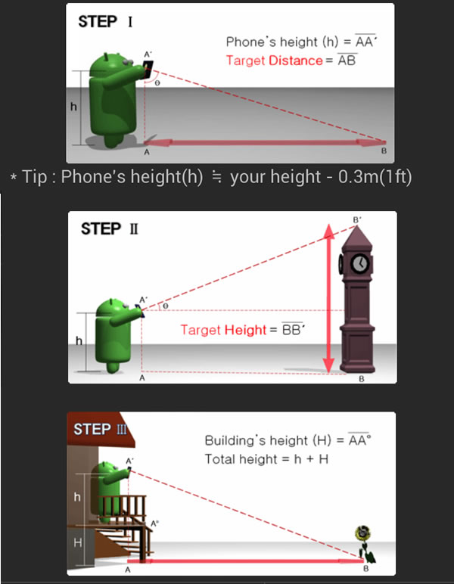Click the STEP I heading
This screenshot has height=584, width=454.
pyautogui.click(x=105, y=22)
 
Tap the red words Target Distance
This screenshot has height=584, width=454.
pyautogui.click(x=274, y=61)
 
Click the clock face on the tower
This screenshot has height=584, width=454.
pyautogui.click(x=359, y=263)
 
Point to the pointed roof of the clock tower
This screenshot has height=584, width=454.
pyautogui.click(x=357, y=235)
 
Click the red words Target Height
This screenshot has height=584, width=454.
pyautogui.click(x=223, y=330)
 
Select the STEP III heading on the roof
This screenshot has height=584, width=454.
pyautogui.click(x=100, y=429)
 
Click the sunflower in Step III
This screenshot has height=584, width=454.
pyautogui.click(x=363, y=543)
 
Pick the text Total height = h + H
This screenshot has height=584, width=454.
pyautogui.click(x=266, y=459)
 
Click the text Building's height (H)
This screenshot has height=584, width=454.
pyautogui.click(x=268, y=440)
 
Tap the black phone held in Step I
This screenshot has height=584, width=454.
pyautogui.click(x=148, y=70)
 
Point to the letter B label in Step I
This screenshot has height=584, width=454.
pyautogui.click(x=384, y=151)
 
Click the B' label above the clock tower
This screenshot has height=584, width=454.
pyautogui.click(x=357, y=219)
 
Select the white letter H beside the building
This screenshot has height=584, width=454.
pyautogui.click(x=77, y=543)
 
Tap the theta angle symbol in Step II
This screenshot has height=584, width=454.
pyautogui.click(x=166, y=306)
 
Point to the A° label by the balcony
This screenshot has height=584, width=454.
pyautogui.click(x=154, y=523)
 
